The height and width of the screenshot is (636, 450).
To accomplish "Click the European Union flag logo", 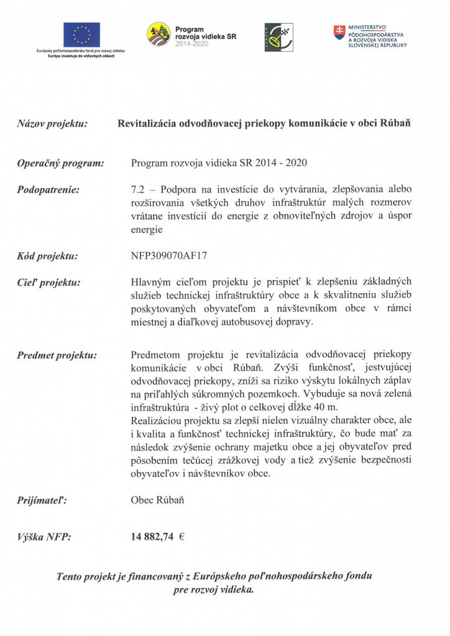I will [81, 34].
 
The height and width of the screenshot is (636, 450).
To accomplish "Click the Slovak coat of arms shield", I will [339, 31].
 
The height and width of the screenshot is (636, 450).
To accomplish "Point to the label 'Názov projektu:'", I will [52, 124].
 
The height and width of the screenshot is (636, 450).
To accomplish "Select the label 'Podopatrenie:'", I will [48, 189].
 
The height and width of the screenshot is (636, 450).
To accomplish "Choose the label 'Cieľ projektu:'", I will [49, 283].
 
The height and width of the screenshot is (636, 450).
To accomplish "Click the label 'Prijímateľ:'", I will [42, 499].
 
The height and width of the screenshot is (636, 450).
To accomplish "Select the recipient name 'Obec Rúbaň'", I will [158, 499].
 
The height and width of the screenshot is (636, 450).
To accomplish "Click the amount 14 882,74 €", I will [158, 538].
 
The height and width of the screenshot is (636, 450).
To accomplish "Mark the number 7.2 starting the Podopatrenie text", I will [137, 189].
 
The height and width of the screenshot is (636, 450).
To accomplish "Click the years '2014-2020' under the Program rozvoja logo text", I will [192, 45].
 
